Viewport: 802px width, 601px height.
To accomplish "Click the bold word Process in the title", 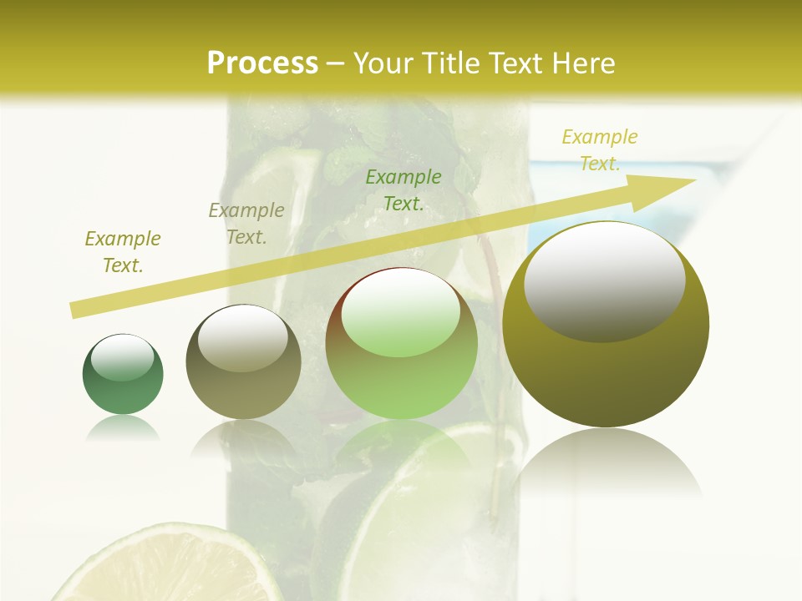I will [262, 63].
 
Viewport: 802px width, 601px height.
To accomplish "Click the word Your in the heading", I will [385, 63].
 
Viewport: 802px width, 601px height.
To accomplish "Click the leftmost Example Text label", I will [123, 252].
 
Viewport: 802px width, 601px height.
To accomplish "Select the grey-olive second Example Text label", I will [246, 224].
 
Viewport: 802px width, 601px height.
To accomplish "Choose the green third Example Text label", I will [404, 189].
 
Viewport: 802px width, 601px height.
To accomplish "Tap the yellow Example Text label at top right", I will [600, 150].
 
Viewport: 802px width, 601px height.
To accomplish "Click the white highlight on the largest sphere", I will [605, 281].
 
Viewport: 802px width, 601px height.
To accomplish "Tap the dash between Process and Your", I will [336, 63].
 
